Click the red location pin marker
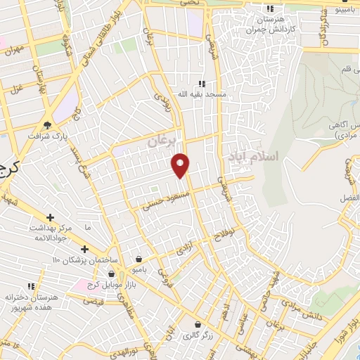(181, 165)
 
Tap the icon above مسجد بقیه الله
(202, 83)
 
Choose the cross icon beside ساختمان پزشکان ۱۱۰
(84, 249)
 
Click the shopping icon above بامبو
(139, 258)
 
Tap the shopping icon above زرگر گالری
(199, 324)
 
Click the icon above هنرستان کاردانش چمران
(270, 9)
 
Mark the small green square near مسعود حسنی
(154, 188)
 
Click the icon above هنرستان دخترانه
(32, 286)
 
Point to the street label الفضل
(348, 198)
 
